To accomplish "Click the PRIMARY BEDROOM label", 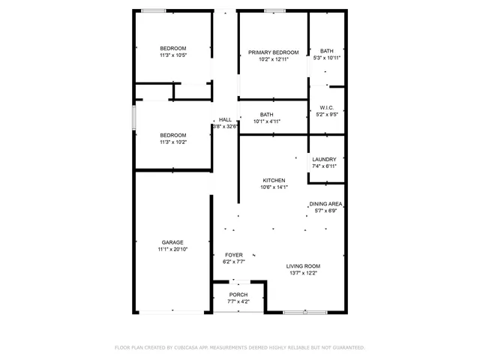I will click(x=274, y=52).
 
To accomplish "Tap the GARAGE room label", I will click(x=172, y=242).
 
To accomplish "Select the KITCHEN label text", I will click(x=273, y=181).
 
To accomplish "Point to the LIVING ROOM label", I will click(x=303, y=266).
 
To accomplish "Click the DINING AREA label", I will click(x=325, y=204).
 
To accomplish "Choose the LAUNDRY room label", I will click(x=324, y=159).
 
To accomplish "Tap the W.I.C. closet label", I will click(x=326, y=108).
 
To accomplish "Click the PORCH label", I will click(x=238, y=295).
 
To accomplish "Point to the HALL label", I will click(x=225, y=120).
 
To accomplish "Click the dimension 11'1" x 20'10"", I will click(x=172, y=249).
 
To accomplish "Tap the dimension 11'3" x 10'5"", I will click(x=172, y=55).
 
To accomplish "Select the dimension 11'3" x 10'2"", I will click(x=172, y=142).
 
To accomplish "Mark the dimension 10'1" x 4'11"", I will click(x=266, y=121).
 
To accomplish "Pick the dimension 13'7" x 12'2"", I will click(x=303, y=273).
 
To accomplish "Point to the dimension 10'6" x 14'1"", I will click(x=273, y=187).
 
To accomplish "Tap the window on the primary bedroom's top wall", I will click(x=274, y=10).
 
